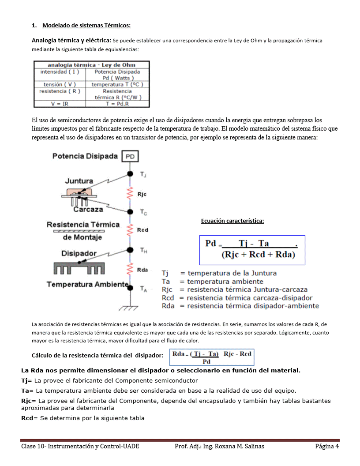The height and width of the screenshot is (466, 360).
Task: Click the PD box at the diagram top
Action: (130, 157)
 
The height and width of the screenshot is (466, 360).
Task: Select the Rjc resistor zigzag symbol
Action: (130, 194)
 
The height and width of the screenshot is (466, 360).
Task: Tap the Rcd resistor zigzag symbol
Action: (130, 230)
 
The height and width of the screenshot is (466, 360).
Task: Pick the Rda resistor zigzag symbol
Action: (130, 269)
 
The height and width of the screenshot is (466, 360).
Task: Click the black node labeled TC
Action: (130, 211)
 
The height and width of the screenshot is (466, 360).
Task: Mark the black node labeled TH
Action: (130, 250)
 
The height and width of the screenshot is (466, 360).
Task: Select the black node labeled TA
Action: (130, 288)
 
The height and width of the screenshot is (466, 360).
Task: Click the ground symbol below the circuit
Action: (130, 307)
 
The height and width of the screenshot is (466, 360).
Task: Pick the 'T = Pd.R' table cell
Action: (117, 104)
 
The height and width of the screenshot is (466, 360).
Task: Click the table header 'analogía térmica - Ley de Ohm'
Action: (91, 65)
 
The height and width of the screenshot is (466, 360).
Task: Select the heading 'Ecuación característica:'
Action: (232, 221)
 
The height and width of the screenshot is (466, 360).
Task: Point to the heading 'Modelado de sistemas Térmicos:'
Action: (86, 25)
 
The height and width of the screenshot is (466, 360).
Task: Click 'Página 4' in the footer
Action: (326, 446)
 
